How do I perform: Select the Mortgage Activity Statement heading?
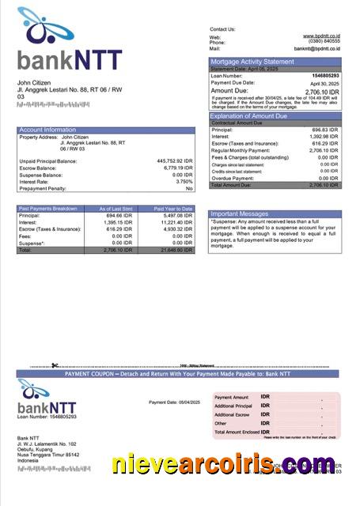pos(252,61)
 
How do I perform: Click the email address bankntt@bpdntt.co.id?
pos(317,48)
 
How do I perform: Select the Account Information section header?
pos(47,129)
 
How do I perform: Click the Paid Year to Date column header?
pos(173,209)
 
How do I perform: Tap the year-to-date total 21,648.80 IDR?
pos(175,250)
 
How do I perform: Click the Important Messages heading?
pos(240,213)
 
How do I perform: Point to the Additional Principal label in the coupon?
pos(233,406)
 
